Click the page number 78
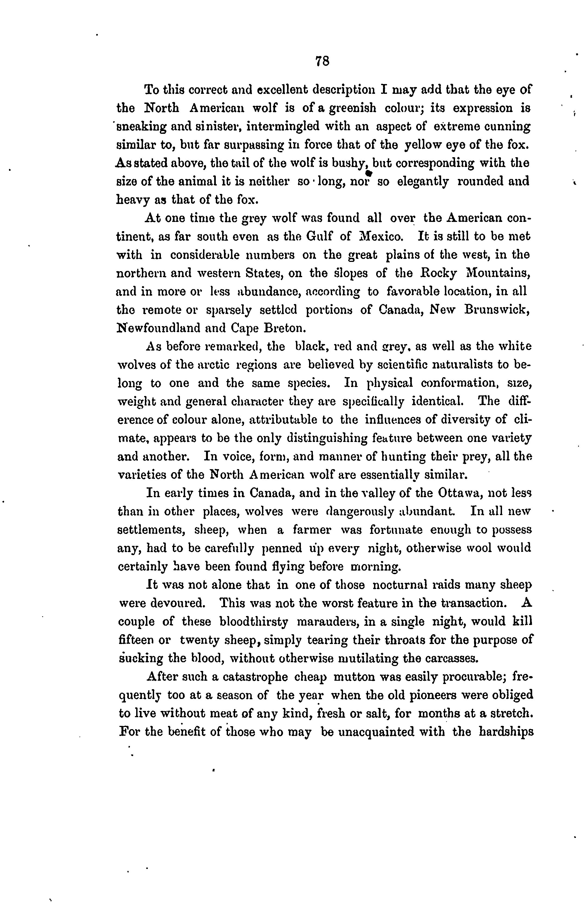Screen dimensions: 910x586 click(322, 61)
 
